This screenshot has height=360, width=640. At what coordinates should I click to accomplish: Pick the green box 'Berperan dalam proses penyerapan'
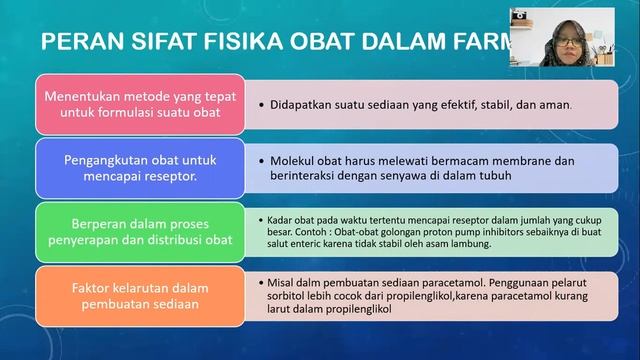coord(135,229)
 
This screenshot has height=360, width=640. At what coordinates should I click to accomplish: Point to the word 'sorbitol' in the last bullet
coord(292,296)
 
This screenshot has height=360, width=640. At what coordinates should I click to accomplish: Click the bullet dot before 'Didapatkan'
coord(260,103)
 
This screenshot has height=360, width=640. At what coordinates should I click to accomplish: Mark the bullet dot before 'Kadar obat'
coord(260,219)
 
